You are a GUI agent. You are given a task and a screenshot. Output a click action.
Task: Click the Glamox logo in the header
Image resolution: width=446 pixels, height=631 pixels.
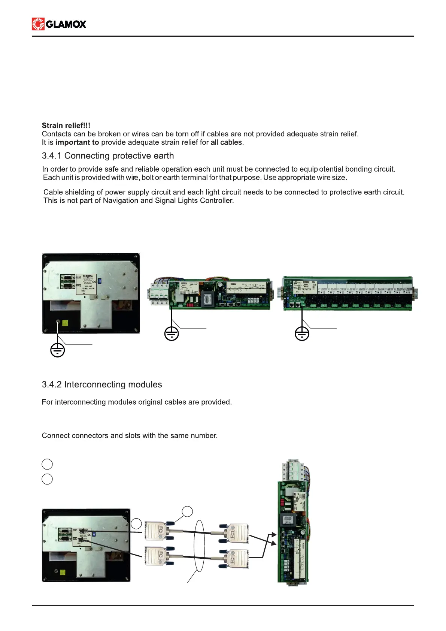pos(59,24)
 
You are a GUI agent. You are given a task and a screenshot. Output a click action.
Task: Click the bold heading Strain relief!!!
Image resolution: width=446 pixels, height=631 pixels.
pos(66,126)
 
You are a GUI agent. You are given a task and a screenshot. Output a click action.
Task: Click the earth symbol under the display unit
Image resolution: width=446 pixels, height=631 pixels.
pos(57,350)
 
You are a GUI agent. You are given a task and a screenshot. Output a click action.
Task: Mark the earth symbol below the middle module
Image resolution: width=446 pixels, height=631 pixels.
pos(172,333)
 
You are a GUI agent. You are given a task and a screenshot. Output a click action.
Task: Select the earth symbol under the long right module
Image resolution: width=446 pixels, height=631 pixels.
pos(302,333)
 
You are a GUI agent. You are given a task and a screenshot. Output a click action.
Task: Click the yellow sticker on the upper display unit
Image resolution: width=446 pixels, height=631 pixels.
pos(65,323)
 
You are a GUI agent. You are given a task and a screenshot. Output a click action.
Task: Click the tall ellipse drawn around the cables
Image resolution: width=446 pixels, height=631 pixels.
pos(200,546)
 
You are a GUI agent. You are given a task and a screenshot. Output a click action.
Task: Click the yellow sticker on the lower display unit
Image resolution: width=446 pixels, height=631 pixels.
pos(63,572)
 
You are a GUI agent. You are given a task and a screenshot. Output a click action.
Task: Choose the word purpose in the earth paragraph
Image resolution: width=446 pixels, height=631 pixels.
pos(247,178)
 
